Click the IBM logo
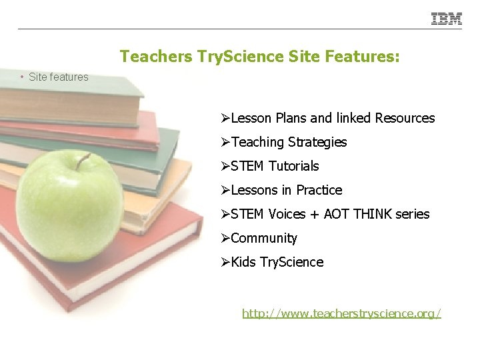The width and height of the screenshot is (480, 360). [446, 19]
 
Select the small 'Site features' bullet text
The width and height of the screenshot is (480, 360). [59, 77]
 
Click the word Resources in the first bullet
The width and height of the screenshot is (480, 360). [405, 118]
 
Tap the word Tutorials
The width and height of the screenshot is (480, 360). [294, 166]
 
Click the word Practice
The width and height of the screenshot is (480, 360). [319, 190]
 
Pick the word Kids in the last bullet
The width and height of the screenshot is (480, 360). [243, 262]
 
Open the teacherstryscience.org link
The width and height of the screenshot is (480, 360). [341, 313]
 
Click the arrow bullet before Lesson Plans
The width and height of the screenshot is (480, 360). [226, 118]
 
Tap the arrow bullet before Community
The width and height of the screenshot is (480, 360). [226, 238]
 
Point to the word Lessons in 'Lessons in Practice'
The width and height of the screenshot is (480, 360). [254, 190]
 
